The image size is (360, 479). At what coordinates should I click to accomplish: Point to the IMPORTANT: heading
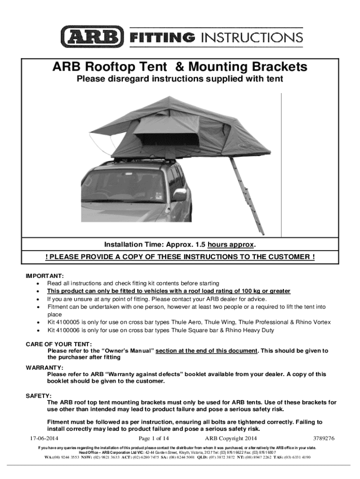coord(44,276)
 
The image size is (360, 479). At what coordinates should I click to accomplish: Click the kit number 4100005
coord(69,322)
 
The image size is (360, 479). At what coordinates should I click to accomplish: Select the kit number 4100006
coord(69,330)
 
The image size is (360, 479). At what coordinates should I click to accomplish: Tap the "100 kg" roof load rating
coord(248,291)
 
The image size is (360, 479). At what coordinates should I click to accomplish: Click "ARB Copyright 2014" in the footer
coord(231,438)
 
